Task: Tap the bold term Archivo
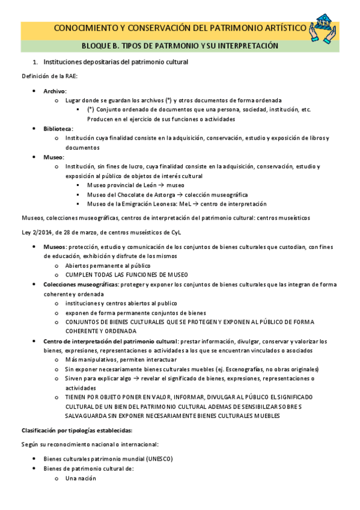click(55, 91)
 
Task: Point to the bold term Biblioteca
click(58, 129)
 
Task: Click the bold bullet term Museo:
click(53, 156)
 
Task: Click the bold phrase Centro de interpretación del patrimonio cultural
click(110, 341)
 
